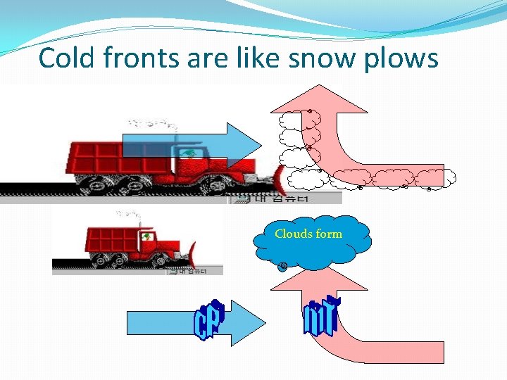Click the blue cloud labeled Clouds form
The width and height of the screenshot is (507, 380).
(311, 243)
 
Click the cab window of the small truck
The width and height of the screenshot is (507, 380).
(146, 237)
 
